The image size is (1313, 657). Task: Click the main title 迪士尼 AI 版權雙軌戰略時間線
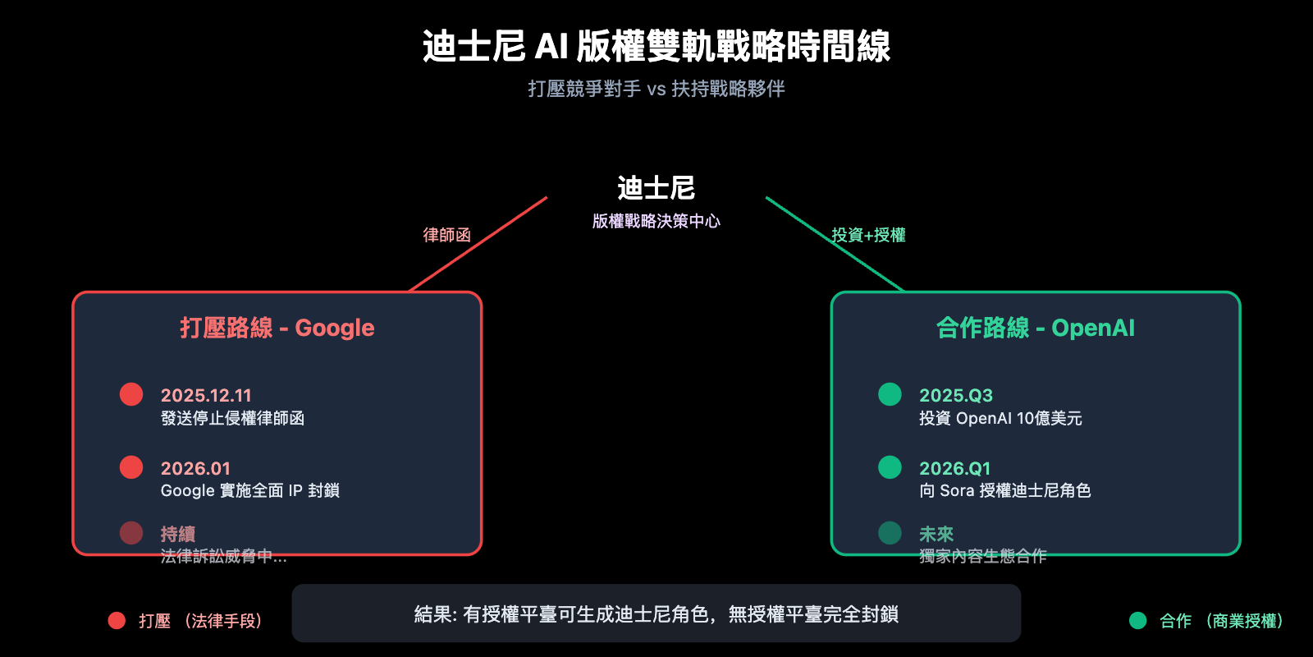[656, 46]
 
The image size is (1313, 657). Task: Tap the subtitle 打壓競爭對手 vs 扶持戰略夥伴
[656, 89]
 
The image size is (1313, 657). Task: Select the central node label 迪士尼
[656, 188]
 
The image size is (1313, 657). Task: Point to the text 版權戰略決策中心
[656, 221]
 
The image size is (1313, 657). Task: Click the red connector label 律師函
[447, 235]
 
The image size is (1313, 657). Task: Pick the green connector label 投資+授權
[868, 235]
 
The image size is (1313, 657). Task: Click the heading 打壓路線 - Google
[277, 328]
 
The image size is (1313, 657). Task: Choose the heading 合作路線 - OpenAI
[1036, 328]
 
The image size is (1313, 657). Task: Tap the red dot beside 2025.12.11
[131, 394]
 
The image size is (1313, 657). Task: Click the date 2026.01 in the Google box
[195, 468]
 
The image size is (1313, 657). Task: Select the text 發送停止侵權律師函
[232, 418]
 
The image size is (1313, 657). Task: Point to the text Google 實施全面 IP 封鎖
[250, 490]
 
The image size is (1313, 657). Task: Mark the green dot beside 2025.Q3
[890, 394]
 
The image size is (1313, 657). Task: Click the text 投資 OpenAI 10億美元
[1000, 418]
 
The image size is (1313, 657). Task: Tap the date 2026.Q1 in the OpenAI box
[954, 468]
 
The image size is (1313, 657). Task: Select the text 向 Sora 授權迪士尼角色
[1004, 490]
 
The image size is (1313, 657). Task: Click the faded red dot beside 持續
[131, 533]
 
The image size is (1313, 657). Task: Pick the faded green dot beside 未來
[890, 533]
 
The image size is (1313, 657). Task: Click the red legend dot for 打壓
[117, 621]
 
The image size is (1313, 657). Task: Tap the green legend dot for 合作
[1137, 621]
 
